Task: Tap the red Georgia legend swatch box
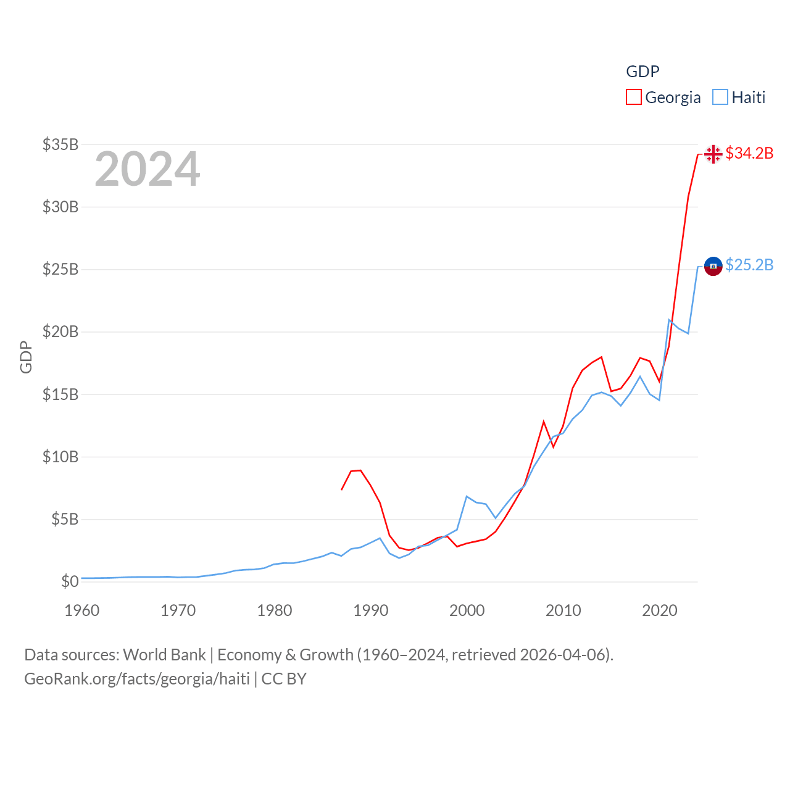633,98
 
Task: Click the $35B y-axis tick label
60,144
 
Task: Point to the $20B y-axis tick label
60,331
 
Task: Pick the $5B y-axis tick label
65,519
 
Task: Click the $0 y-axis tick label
70,581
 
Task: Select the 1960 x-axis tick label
82,610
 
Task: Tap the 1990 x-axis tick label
371,610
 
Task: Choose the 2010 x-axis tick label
563,610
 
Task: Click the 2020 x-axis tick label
660,610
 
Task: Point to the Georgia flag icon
713,154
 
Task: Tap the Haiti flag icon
713,266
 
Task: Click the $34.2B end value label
749,153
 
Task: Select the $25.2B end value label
749,265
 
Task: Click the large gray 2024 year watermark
148,168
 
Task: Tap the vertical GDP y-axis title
26,357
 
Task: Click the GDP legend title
642,72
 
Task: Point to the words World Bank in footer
164,654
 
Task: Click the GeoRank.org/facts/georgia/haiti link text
137,679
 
